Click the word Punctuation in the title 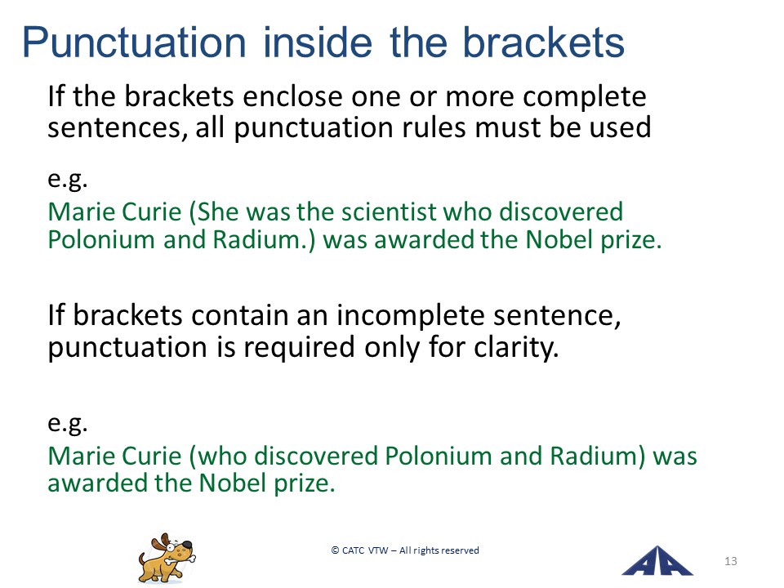tap(134, 43)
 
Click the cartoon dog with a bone tap(167, 558)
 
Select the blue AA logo tap(657, 560)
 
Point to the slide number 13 tap(730, 561)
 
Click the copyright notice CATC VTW tap(405, 550)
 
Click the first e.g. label tap(68, 179)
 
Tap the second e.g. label tap(68, 424)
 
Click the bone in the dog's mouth tap(178, 559)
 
